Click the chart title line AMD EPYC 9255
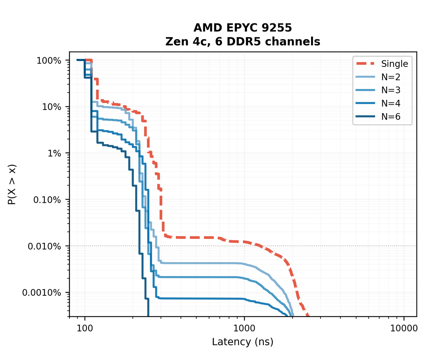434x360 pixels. (x=242, y=28)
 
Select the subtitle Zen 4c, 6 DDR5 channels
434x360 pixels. (x=242, y=42)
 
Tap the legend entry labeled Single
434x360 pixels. (x=395, y=64)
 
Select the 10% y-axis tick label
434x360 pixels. (x=52, y=107)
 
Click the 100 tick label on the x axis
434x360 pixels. (x=85, y=328)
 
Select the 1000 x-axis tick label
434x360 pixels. (x=244, y=328)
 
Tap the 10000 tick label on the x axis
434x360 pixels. (x=404, y=328)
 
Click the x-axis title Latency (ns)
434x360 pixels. (x=242, y=342)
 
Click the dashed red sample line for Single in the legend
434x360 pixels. (x=366, y=64)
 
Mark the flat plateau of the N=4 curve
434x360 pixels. (x=199, y=298)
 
